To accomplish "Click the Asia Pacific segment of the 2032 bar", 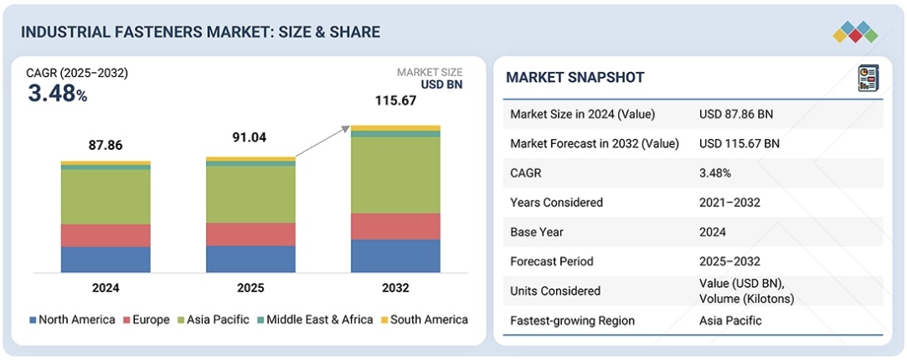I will tap(395, 174).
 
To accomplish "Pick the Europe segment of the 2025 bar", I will tap(250, 234).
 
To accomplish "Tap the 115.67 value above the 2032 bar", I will tap(395, 100).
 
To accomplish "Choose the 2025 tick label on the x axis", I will tap(250, 288).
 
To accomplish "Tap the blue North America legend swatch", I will tap(33, 320).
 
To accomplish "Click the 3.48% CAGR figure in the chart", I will tap(57, 94).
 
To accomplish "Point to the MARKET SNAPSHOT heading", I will tap(575, 78).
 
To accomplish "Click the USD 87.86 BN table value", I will tap(739, 114).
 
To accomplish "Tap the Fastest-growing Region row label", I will tap(572, 321).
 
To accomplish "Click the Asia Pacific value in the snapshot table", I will tap(730, 321).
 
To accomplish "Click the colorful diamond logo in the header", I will tap(855, 32).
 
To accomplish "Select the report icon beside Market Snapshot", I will tap(867, 79).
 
